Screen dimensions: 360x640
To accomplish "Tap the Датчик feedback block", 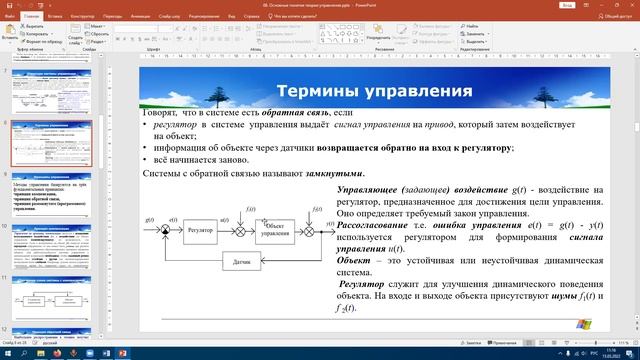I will pyautogui.click(x=241, y=262).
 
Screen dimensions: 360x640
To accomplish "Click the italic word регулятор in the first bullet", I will pyautogui.click(x=177, y=125).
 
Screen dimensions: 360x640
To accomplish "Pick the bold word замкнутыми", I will pyautogui.click(x=301, y=172).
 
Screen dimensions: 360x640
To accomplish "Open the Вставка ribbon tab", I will pyautogui.click(x=55, y=17).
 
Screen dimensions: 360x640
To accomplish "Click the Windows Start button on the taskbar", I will pyautogui.click(x=8, y=352).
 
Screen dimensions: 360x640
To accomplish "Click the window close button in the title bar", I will pyautogui.click(x=629, y=5).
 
